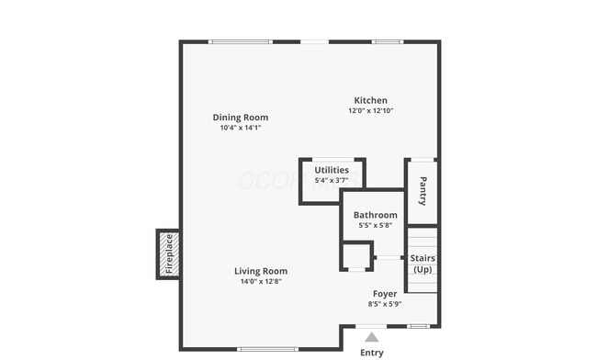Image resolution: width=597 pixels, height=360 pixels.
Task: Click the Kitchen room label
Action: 370,100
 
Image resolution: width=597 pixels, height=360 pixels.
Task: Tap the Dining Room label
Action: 241,118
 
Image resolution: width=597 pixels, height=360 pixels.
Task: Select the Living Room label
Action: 260,271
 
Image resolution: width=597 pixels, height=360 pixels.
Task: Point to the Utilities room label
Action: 332,170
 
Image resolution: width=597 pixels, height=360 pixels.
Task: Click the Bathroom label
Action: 375,215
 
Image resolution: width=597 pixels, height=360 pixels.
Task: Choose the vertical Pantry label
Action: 422,191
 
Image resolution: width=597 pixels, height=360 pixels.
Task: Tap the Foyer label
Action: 384,294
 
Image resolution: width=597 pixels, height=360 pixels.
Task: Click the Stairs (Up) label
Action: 422,264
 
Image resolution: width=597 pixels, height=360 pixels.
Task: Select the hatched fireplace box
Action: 168,254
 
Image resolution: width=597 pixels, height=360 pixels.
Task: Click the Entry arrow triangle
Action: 371,337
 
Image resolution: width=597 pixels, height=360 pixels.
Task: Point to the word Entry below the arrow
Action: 371,353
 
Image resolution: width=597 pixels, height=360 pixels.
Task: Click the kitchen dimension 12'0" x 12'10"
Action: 370,111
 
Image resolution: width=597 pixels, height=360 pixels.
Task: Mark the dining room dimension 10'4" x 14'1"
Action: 241,129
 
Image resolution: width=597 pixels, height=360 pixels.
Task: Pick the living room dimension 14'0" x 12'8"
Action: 260,282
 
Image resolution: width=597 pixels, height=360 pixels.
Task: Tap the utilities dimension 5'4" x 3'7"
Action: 332,181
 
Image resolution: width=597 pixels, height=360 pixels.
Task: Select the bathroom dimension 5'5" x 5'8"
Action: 375,226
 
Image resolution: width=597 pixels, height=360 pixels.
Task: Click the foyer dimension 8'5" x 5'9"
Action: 384,304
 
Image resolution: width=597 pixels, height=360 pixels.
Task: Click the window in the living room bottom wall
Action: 266,349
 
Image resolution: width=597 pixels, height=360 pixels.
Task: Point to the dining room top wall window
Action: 240,41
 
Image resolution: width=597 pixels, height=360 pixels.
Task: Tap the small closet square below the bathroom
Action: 356,255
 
